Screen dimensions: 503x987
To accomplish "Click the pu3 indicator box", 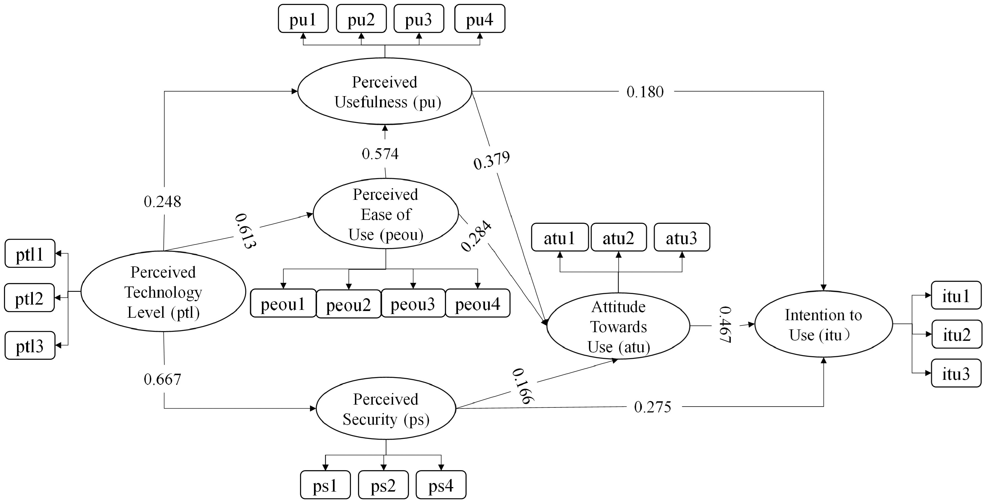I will point(418,19).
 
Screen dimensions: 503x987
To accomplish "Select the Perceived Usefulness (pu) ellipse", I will point(385,91).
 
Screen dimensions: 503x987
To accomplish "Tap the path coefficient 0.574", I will point(380,154).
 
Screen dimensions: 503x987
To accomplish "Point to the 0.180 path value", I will point(645,92).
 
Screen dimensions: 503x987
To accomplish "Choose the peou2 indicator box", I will point(348,304).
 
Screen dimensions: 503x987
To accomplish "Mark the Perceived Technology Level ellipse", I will point(163,292).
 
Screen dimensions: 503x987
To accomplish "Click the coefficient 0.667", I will point(162,379).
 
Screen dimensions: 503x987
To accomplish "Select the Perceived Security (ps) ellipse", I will point(386,409).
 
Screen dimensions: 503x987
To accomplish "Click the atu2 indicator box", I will point(618,238).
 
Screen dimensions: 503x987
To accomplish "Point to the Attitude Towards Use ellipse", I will point(618,326).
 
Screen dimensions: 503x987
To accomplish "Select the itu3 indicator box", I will point(956,373).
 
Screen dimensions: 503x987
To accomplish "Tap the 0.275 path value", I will point(652,407).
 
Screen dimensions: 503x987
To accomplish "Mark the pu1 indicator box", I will point(303,19).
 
